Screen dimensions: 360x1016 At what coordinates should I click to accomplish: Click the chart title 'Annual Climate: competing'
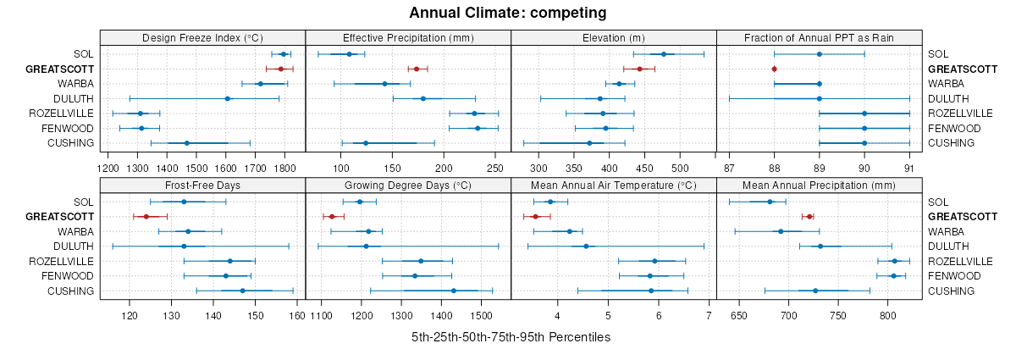[x=507, y=13]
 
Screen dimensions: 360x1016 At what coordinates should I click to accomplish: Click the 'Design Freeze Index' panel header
[x=202, y=37]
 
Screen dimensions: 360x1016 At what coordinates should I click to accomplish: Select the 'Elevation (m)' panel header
[x=614, y=37]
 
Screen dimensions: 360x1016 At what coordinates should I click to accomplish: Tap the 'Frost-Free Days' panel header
[x=202, y=185]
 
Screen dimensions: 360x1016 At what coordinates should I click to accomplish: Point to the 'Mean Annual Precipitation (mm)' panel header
[x=818, y=185]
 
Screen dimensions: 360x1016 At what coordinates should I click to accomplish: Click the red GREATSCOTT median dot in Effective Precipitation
[x=417, y=69]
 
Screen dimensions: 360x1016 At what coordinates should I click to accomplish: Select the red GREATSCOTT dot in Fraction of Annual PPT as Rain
[x=774, y=69]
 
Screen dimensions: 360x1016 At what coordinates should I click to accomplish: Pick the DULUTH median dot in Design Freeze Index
[x=227, y=98]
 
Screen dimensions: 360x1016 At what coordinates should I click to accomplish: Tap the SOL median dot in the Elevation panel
[x=664, y=54]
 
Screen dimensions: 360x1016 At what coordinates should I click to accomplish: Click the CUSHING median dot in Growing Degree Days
[x=454, y=291]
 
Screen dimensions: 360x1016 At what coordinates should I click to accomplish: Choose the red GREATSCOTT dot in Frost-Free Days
[x=146, y=217]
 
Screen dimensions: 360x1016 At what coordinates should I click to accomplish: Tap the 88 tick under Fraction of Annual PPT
[x=774, y=169]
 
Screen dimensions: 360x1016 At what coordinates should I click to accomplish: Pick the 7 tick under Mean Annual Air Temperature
[x=708, y=316]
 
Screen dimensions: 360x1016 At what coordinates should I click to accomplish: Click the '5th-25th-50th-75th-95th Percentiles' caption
[x=511, y=337]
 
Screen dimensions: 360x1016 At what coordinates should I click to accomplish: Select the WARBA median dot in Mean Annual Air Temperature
[x=570, y=231]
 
